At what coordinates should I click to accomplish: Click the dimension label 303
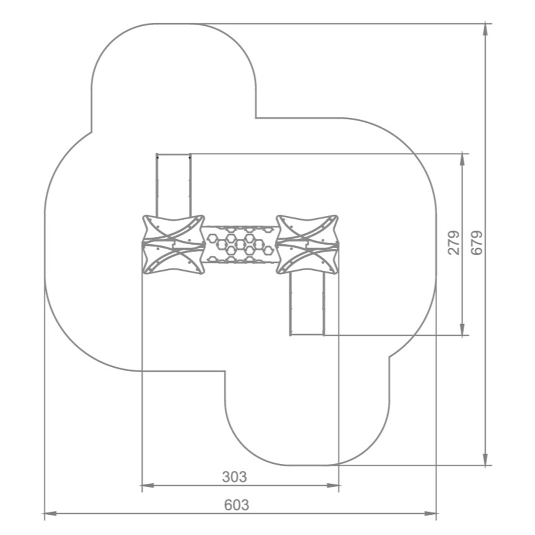234,477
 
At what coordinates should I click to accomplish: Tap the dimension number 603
236,505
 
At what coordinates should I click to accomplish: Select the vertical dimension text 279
454,243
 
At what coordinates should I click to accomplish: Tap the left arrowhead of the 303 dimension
147,485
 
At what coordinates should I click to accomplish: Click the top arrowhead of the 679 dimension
485,30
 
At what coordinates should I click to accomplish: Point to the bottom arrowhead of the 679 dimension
485,459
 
